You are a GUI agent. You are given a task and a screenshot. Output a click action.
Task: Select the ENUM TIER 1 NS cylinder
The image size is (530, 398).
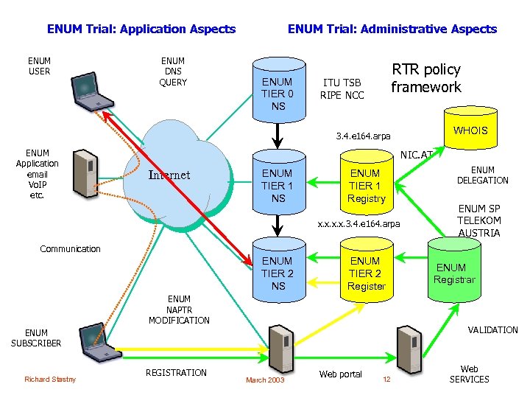(x=278, y=184)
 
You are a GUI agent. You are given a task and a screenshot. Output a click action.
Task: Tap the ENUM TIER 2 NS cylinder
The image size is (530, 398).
(x=278, y=271)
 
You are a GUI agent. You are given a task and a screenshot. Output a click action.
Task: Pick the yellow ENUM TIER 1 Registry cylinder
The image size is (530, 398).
(x=366, y=184)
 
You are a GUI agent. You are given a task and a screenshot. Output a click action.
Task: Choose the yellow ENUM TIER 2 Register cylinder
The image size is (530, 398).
(x=366, y=272)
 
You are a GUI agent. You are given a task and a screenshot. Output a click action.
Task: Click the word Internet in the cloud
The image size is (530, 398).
(x=169, y=175)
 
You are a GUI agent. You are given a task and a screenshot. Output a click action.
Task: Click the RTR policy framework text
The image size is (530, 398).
(x=425, y=78)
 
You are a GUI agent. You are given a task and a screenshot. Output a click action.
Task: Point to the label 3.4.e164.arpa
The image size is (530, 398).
(x=363, y=136)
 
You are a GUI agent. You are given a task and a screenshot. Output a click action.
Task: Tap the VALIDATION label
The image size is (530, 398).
(x=492, y=329)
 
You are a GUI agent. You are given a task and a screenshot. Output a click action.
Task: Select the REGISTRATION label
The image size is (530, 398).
(x=177, y=372)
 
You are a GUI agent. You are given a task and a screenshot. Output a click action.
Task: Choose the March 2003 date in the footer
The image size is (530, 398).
(x=265, y=380)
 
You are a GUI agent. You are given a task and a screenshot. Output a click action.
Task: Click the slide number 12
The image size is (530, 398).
(x=386, y=379)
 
